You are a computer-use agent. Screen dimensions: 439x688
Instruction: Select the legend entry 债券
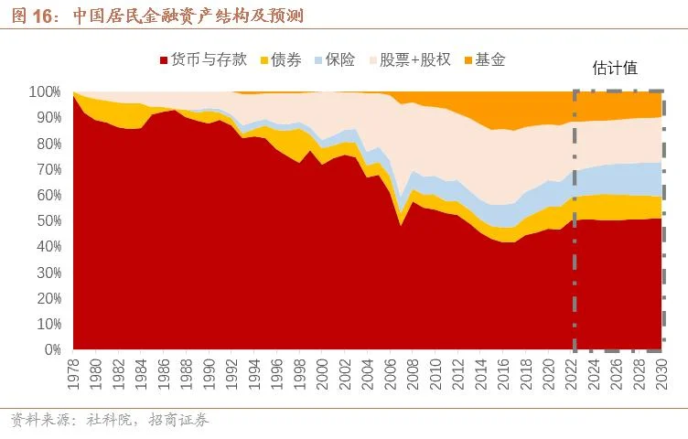point(285,60)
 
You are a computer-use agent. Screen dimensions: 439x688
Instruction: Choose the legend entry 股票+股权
point(414,60)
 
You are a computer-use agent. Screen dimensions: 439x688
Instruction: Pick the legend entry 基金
point(490,60)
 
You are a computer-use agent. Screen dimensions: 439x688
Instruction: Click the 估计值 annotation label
point(615,68)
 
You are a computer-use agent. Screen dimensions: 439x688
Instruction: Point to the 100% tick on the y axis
point(46,91)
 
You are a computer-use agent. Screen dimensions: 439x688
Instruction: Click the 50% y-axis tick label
point(48,220)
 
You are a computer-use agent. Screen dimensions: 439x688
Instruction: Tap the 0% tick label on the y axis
point(52,349)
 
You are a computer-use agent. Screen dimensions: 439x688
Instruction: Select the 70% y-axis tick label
point(48,169)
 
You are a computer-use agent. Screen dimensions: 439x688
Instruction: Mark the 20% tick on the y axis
point(48,298)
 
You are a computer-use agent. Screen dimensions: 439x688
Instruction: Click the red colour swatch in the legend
point(164,60)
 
